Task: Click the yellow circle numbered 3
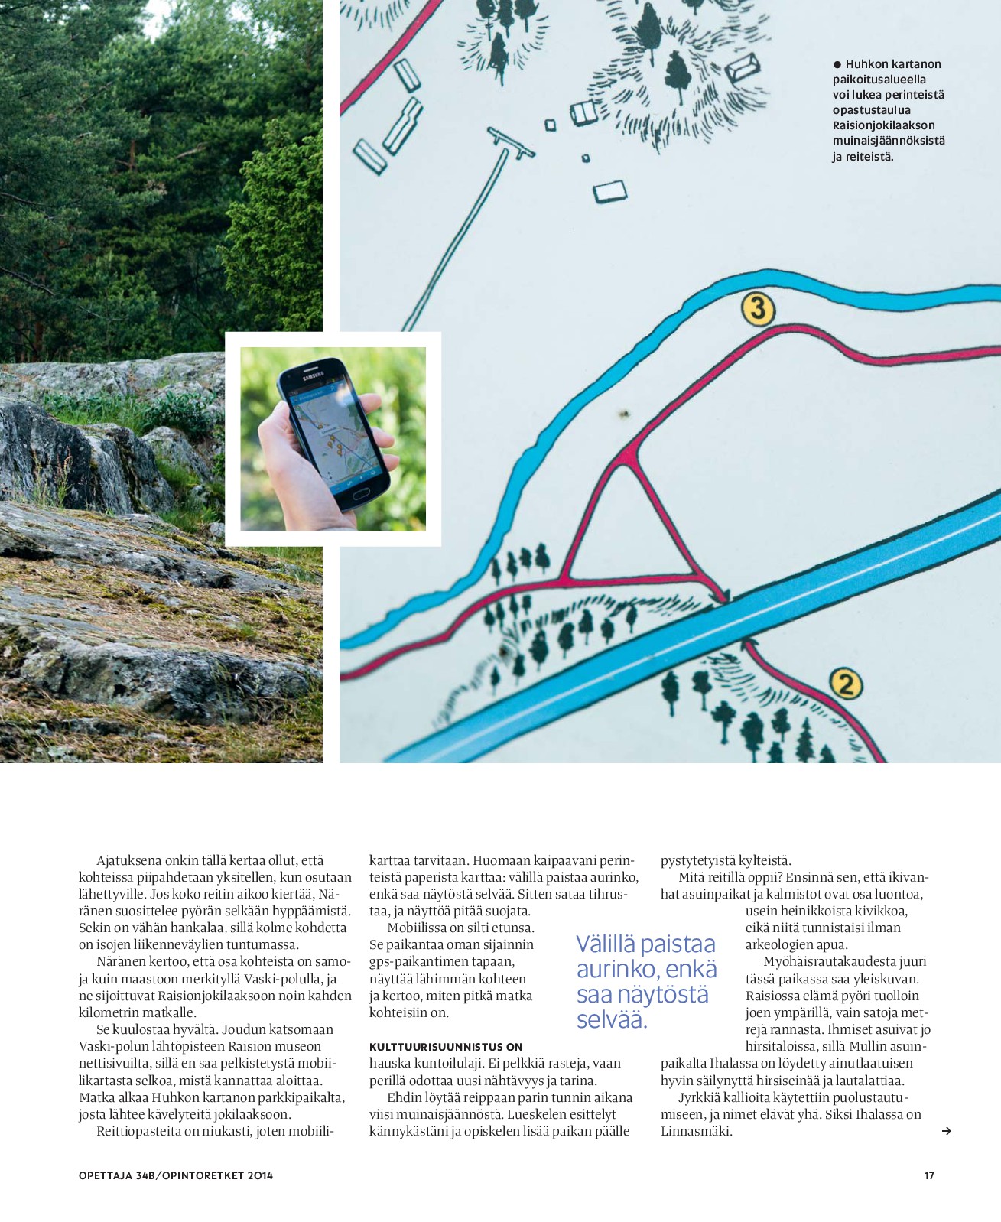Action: click(x=758, y=309)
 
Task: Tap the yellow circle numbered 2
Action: click(x=845, y=684)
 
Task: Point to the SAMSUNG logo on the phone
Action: click(x=314, y=375)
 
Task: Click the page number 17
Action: click(x=929, y=1175)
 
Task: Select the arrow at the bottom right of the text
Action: click(x=946, y=1131)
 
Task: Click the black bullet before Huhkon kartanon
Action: click(x=837, y=65)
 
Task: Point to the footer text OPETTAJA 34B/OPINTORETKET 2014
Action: click(x=176, y=1175)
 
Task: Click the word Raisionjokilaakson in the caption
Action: click(x=883, y=125)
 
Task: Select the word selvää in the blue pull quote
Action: click(x=611, y=1019)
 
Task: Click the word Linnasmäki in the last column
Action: click(x=696, y=1131)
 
